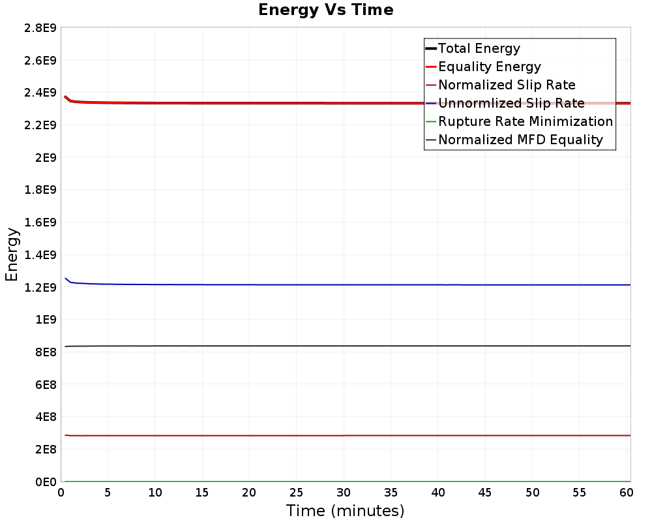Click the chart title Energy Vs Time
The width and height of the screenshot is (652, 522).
(326, 10)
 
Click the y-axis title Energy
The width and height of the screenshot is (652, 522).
(12, 254)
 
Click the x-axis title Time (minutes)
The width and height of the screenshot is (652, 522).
(345, 510)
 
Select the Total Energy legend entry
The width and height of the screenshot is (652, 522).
(479, 48)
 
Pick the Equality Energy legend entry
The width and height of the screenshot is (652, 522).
(490, 67)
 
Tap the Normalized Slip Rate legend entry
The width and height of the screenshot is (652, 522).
(507, 85)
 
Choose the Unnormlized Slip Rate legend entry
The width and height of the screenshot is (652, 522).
(511, 103)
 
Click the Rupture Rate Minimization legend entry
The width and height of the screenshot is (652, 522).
(526, 121)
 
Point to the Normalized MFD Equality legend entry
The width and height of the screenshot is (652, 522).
(520, 140)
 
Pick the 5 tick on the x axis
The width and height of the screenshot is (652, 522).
(108, 493)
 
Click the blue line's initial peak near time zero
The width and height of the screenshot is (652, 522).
(65, 279)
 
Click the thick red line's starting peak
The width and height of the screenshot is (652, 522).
(65, 97)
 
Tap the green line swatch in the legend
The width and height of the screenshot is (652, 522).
(430, 121)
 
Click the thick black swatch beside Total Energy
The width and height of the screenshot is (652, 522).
(430, 48)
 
